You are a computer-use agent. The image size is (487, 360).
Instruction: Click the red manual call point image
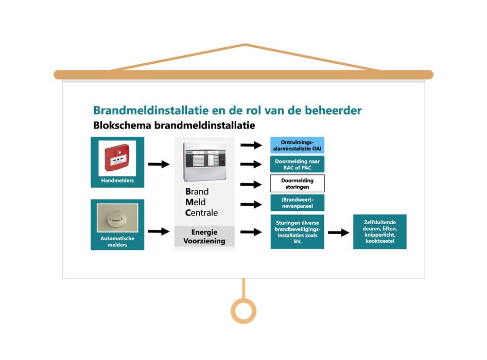click(x=117, y=158)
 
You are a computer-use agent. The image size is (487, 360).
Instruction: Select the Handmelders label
click(x=117, y=181)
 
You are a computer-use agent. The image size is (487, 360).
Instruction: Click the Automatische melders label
click(x=117, y=242)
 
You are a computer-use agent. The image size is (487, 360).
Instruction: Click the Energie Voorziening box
click(x=204, y=237)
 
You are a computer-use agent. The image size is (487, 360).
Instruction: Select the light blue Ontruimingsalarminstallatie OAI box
click(x=297, y=145)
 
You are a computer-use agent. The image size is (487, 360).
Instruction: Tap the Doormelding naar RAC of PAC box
click(x=297, y=164)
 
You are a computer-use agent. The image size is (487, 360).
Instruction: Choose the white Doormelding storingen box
click(x=297, y=184)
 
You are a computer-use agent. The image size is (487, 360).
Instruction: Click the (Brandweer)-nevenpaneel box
click(x=297, y=203)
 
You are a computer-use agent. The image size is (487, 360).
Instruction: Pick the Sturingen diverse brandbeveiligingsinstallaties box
click(x=297, y=231)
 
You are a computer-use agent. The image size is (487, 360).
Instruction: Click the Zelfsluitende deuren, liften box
click(x=379, y=231)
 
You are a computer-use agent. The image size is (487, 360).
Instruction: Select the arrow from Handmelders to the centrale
click(x=159, y=165)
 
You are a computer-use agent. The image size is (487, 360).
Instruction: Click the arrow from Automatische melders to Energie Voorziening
click(x=159, y=231)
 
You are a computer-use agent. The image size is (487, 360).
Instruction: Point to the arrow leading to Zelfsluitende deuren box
click(x=338, y=232)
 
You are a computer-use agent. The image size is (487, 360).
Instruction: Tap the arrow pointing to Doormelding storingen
click(x=251, y=184)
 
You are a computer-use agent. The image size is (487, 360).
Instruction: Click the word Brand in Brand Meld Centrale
click(x=197, y=192)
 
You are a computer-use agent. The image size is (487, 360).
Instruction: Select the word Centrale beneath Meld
click(x=201, y=213)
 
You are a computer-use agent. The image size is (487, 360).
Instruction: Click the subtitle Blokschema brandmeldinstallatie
click(x=174, y=125)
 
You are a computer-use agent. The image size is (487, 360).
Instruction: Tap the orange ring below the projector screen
click(x=243, y=311)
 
